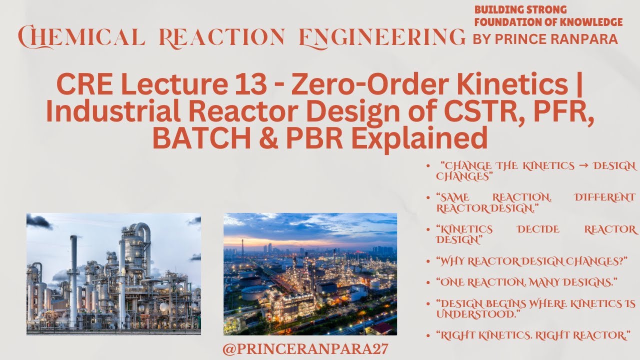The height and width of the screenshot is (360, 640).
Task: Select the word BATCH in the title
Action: pos(201,137)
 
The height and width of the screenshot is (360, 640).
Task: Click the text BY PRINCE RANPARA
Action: pos(545,39)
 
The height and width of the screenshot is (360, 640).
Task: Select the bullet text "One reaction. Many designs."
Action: pos(526,282)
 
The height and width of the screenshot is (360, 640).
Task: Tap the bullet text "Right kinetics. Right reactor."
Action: pos(532,335)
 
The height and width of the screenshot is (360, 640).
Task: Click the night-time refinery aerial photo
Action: pos(310,274)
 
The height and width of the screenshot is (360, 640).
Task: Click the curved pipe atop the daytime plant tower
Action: pos(143,230)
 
